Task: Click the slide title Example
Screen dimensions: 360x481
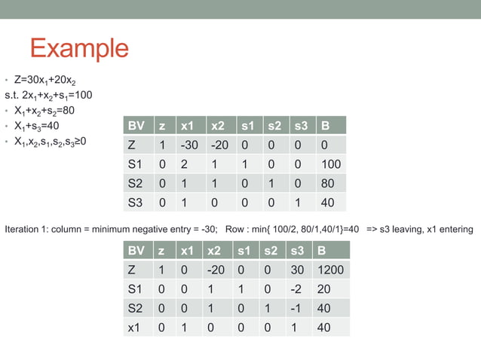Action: tap(79, 48)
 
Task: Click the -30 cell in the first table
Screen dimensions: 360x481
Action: tap(189, 145)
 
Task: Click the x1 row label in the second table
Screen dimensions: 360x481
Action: tap(136, 327)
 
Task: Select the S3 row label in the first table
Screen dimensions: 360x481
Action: tap(136, 202)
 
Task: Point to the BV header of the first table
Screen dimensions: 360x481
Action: tap(137, 125)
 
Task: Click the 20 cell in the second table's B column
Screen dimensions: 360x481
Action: tap(324, 289)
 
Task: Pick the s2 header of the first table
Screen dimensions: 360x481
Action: tap(274, 125)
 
